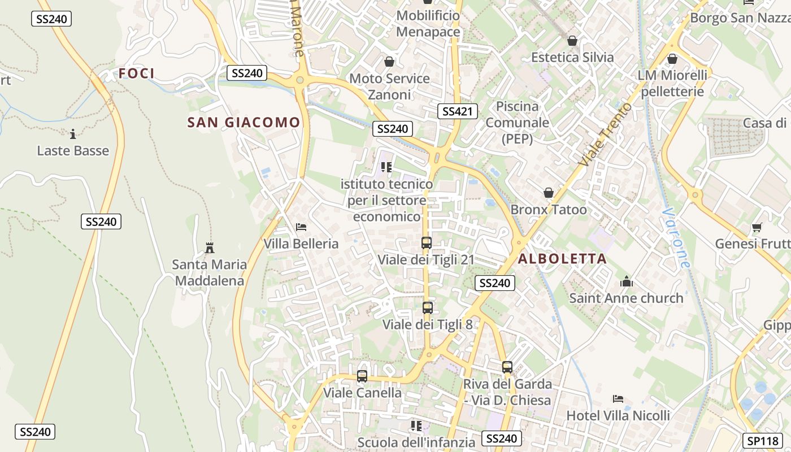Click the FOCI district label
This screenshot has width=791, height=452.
click(136, 73)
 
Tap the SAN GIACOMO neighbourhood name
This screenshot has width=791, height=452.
click(244, 123)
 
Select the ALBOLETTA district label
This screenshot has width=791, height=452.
click(562, 259)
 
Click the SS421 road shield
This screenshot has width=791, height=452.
click(457, 111)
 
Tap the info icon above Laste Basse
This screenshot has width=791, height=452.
click(72, 134)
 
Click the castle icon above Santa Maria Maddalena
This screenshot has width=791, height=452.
click(210, 247)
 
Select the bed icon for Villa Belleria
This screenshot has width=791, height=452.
click(301, 227)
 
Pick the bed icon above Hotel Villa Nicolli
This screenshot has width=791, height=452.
click(618, 399)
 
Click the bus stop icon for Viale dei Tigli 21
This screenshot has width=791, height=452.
click(427, 243)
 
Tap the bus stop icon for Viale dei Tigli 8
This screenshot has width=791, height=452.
click(428, 308)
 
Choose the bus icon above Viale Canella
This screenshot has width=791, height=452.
click(362, 376)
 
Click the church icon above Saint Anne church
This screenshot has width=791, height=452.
click(626, 281)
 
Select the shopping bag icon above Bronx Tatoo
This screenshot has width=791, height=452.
click(548, 193)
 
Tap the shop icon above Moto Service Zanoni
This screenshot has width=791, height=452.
click(389, 62)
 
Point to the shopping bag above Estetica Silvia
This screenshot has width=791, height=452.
click(572, 41)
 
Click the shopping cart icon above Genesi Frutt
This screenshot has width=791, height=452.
click(757, 227)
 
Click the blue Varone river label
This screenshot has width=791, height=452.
click(676, 238)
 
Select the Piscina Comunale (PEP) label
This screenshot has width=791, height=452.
click(518, 123)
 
